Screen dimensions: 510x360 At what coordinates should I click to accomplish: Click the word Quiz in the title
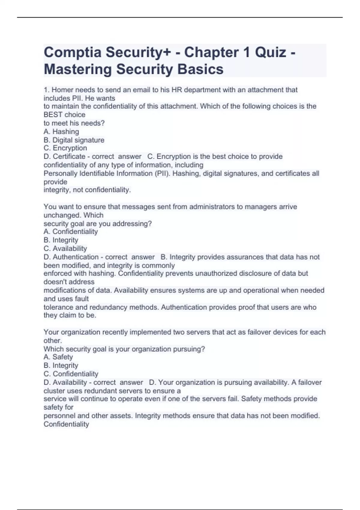point(270,52)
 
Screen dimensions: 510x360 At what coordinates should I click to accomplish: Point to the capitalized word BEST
point(53,115)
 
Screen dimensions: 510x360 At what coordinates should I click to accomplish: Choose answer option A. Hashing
point(61,132)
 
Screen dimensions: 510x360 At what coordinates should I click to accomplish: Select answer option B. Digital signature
point(74,140)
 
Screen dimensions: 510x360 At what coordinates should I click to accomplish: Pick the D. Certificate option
point(64,157)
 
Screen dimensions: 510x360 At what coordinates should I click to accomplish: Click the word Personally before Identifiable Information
point(61,173)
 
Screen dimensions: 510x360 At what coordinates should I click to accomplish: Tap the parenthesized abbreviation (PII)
point(162,173)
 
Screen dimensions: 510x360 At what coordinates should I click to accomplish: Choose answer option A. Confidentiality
point(71,232)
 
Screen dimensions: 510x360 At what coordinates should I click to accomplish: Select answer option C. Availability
point(65,249)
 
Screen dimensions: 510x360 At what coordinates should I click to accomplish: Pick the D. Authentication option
point(71,257)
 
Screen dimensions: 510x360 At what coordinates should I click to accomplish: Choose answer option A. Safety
point(58,357)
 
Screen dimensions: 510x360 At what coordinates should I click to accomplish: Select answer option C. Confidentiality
point(71,374)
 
